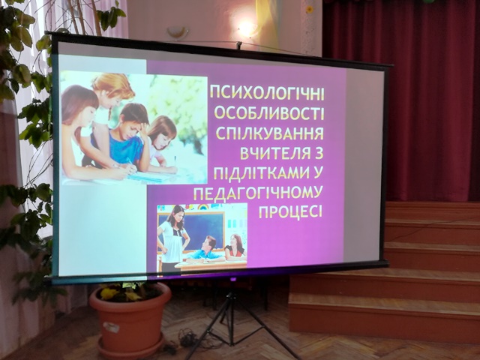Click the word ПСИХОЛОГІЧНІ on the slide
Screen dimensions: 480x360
(x=267, y=93)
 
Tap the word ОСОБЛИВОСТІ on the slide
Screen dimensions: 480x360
(x=268, y=113)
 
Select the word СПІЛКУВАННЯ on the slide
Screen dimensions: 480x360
(x=270, y=133)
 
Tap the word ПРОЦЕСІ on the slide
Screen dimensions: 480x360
(x=290, y=211)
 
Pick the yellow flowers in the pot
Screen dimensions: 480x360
(x=119, y=293)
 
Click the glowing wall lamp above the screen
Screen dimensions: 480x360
(x=247, y=29)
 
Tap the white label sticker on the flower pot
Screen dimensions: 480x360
(x=111, y=327)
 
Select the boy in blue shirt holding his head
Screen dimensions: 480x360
(x=128, y=138)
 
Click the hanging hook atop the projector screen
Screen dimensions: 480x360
(x=239, y=45)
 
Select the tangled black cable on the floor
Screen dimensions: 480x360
(x=187, y=339)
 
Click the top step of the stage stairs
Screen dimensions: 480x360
(x=433, y=211)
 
